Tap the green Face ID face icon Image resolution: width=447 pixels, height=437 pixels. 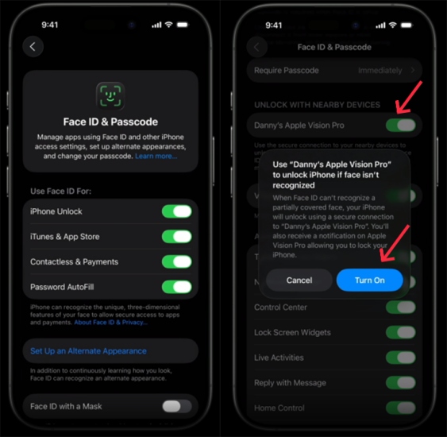110,95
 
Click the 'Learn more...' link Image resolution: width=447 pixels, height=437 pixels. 156,157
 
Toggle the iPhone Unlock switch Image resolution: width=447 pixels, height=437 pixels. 176,211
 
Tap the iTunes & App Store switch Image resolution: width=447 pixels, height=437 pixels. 176,237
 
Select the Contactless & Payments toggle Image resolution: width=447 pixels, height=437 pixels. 176,261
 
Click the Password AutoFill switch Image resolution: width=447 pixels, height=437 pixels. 176,287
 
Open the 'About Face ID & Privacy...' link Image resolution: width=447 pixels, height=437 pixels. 110,323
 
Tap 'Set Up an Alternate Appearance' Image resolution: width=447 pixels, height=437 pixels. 88,350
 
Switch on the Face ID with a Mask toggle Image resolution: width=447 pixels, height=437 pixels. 176,406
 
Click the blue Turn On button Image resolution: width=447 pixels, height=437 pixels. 369,280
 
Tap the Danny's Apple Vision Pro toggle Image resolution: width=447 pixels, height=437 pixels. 400,126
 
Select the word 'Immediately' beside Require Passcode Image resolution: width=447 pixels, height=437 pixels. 379,70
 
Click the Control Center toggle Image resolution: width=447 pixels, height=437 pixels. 400,307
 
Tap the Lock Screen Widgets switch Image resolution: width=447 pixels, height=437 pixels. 400,332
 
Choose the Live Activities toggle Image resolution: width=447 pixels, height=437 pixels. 400,358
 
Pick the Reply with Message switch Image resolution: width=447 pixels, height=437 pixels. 400,383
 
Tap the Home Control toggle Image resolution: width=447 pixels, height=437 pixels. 400,408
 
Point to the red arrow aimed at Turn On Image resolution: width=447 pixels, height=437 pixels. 397,243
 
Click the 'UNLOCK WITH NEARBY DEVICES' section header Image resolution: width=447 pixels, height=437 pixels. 317,105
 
